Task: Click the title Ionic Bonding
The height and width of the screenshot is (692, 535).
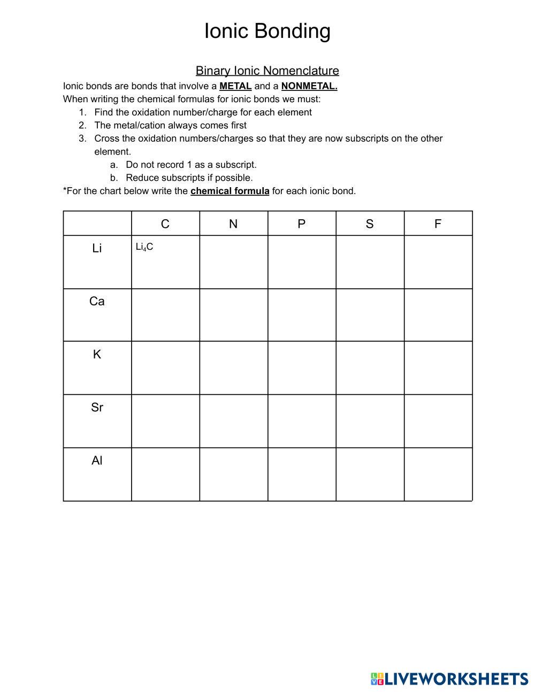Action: (x=267, y=31)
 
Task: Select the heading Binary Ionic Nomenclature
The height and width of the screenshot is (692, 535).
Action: (x=267, y=71)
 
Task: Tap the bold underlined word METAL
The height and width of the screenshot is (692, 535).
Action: (x=235, y=86)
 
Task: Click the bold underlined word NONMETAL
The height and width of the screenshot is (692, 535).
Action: (x=309, y=86)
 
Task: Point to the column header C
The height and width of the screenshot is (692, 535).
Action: (x=165, y=224)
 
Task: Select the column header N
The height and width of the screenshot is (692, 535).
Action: (x=233, y=224)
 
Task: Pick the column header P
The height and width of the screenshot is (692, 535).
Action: (x=302, y=224)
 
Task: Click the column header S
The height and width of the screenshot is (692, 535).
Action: (x=370, y=224)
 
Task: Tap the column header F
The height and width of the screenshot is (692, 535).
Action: (x=438, y=224)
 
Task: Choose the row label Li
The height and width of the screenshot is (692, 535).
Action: (x=97, y=248)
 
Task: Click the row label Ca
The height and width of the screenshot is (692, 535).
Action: (x=97, y=302)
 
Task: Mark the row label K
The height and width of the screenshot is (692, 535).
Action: (x=97, y=355)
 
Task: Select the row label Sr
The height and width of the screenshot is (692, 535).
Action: (x=97, y=407)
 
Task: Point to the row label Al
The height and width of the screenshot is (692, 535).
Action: (x=97, y=460)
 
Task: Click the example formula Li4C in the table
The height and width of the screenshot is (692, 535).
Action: (x=144, y=247)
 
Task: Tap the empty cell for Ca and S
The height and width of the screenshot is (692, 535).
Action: (x=370, y=315)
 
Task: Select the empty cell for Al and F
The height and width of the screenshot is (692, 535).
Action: (x=438, y=474)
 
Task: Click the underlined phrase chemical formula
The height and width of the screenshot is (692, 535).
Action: (x=230, y=191)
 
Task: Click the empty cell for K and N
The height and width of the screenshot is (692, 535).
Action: (x=233, y=368)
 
